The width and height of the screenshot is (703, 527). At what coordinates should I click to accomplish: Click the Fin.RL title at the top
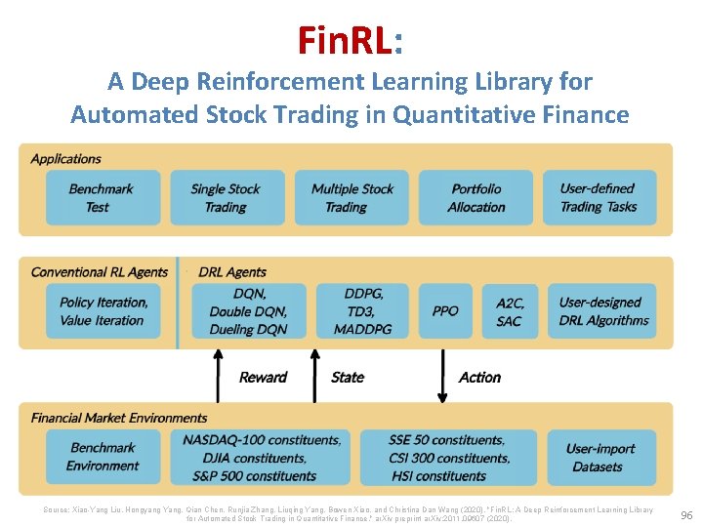tap(351, 40)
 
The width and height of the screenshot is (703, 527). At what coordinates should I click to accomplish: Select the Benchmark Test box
tap(103, 198)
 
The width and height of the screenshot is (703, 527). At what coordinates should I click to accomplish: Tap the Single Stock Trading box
tap(227, 198)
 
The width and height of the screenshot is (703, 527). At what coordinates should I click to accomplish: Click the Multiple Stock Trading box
tap(351, 198)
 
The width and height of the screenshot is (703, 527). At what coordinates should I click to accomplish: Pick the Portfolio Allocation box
tap(476, 198)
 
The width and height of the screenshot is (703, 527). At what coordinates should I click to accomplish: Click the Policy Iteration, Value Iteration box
tap(103, 311)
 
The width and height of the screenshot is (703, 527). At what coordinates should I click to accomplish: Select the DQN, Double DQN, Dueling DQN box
tap(248, 311)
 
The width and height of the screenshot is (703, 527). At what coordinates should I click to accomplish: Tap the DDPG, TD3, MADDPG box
tap(362, 311)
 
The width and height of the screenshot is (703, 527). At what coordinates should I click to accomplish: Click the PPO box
tap(445, 311)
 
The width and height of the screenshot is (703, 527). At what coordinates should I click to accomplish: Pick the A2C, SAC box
tap(509, 311)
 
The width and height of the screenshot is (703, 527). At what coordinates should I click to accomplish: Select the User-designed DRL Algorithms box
tap(602, 311)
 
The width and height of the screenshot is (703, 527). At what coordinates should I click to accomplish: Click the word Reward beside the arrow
tap(263, 378)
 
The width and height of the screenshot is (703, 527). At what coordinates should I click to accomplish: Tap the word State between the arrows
tap(348, 378)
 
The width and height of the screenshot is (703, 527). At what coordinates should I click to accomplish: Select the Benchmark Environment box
tap(103, 457)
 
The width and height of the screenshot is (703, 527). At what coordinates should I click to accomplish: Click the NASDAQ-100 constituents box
tap(261, 457)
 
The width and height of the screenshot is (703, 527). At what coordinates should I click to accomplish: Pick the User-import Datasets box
tap(600, 457)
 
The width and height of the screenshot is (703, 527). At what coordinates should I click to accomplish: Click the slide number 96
tap(685, 514)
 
